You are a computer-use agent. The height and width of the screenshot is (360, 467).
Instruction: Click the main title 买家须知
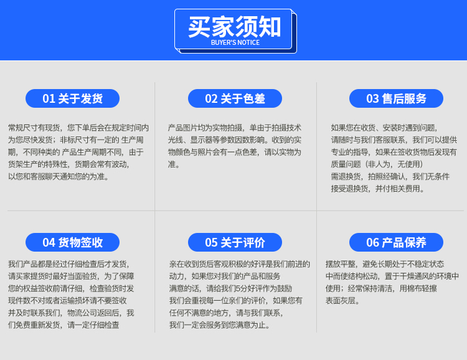coord(234,27)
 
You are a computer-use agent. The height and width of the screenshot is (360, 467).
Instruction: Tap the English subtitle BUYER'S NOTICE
coord(235,42)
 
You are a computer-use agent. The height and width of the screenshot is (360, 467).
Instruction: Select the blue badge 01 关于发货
coord(72,98)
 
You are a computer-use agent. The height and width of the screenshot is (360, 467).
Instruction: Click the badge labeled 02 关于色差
coord(235,98)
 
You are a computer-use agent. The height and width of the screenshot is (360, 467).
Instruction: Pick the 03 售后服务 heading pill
coord(396,98)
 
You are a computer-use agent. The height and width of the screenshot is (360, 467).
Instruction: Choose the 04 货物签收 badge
coord(72,242)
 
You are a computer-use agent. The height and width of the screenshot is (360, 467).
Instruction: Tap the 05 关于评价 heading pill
coord(235,242)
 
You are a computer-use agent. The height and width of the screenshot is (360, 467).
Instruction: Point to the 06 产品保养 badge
coord(396,242)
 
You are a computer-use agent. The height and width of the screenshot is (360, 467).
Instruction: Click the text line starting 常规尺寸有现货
coord(78,128)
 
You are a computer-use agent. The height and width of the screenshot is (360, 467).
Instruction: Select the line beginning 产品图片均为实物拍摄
coord(235,128)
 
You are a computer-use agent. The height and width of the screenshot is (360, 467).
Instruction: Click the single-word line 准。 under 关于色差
coord(174,164)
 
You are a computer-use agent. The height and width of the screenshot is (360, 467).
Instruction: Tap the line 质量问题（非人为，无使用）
coord(377,164)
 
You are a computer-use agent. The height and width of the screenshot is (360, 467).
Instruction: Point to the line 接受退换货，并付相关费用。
coord(378,189)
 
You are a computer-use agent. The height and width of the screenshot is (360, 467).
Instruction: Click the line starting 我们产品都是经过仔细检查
coord(68,264)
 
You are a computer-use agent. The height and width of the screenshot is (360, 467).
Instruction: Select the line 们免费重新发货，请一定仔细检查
coord(64,325)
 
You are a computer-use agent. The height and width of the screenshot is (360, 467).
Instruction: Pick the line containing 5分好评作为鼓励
coord(230,288)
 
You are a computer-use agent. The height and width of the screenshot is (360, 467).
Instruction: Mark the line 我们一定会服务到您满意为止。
coord(220,325)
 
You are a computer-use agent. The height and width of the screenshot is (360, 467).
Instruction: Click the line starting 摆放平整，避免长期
coord(385,264)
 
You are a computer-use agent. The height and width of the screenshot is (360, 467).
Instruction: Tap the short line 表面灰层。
coord(342,301)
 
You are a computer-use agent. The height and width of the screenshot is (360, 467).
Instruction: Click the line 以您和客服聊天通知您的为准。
coord(59,176)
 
